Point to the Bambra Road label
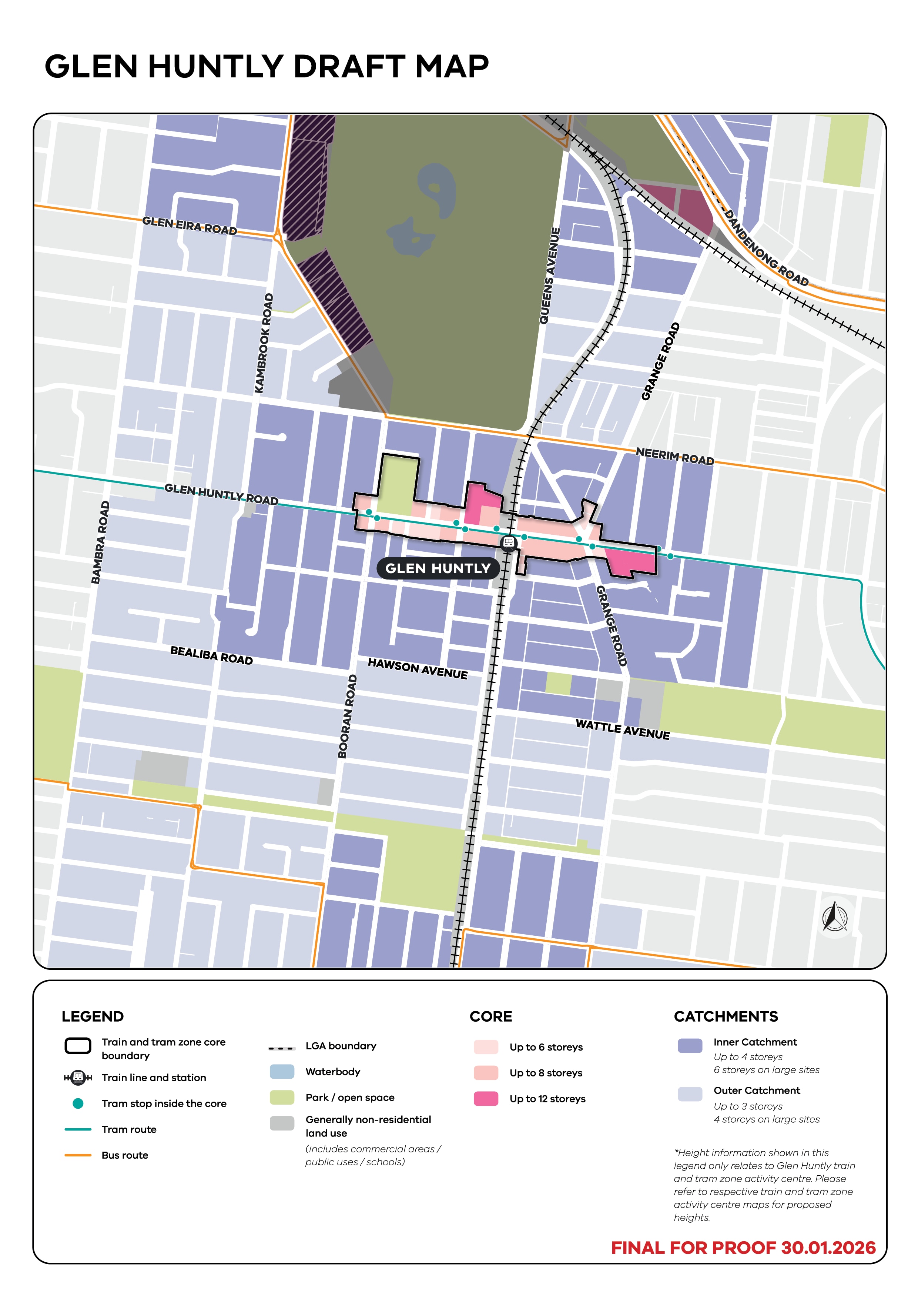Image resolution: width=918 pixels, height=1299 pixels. point(100,542)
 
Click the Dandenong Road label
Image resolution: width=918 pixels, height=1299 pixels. point(766,248)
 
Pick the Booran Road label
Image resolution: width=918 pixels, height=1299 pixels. point(347,716)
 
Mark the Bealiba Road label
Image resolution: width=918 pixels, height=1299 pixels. point(211,655)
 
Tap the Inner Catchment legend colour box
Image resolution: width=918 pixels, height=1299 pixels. point(690,1045)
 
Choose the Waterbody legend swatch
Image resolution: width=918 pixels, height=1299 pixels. point(282,1071)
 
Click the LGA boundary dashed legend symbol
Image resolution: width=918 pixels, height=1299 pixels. point(282,1048)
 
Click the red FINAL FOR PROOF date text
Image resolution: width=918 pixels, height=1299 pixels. point(743,1248)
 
